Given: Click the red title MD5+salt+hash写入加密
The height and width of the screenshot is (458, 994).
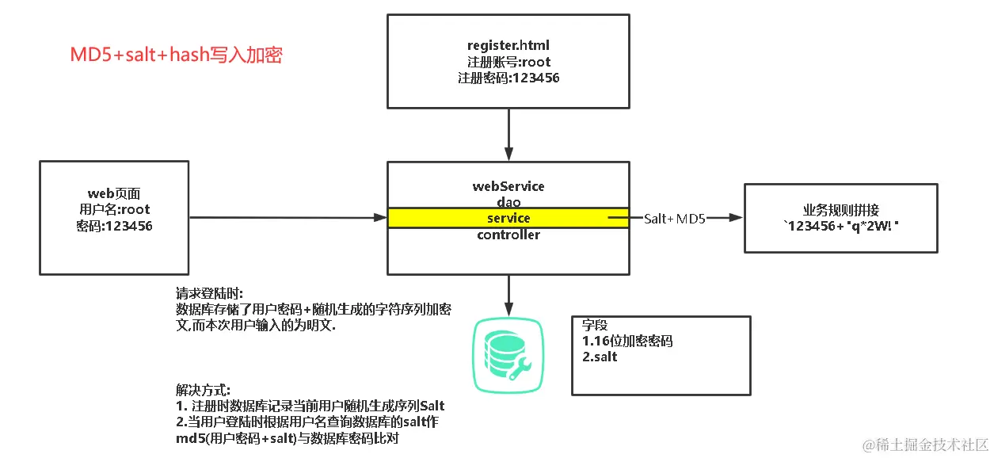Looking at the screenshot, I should [x=177, y=55].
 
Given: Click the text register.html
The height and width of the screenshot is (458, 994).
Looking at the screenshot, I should [x=508, y=45].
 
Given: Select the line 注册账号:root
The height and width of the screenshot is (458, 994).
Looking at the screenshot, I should [x=508, y=62].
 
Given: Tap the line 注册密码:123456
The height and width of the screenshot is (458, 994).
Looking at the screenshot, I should [x=508, y=78].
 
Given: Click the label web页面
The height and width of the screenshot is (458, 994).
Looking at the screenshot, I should [x=114, y=193].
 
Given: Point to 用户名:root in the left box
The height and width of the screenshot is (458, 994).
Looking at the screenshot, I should [x=114, y=209].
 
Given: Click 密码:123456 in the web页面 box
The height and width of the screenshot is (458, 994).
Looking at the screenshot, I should [x=114, y=226].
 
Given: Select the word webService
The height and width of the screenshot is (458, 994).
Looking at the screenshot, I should [x=508, y=186].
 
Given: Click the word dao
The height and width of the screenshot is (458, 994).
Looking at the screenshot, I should [x=508, y=203].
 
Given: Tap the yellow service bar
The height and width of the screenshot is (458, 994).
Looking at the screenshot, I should [x=508, y=218].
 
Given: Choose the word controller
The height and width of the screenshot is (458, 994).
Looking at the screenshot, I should [x=508, y=235].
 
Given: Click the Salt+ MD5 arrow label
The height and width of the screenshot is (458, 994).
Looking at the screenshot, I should [x=674, y=218].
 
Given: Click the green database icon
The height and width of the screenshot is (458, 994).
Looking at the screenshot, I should [x=507, y=354].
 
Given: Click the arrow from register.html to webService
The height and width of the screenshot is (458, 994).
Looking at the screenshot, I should [x=508, y=134].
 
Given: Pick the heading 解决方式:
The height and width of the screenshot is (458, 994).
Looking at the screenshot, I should [x=203, y=390].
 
